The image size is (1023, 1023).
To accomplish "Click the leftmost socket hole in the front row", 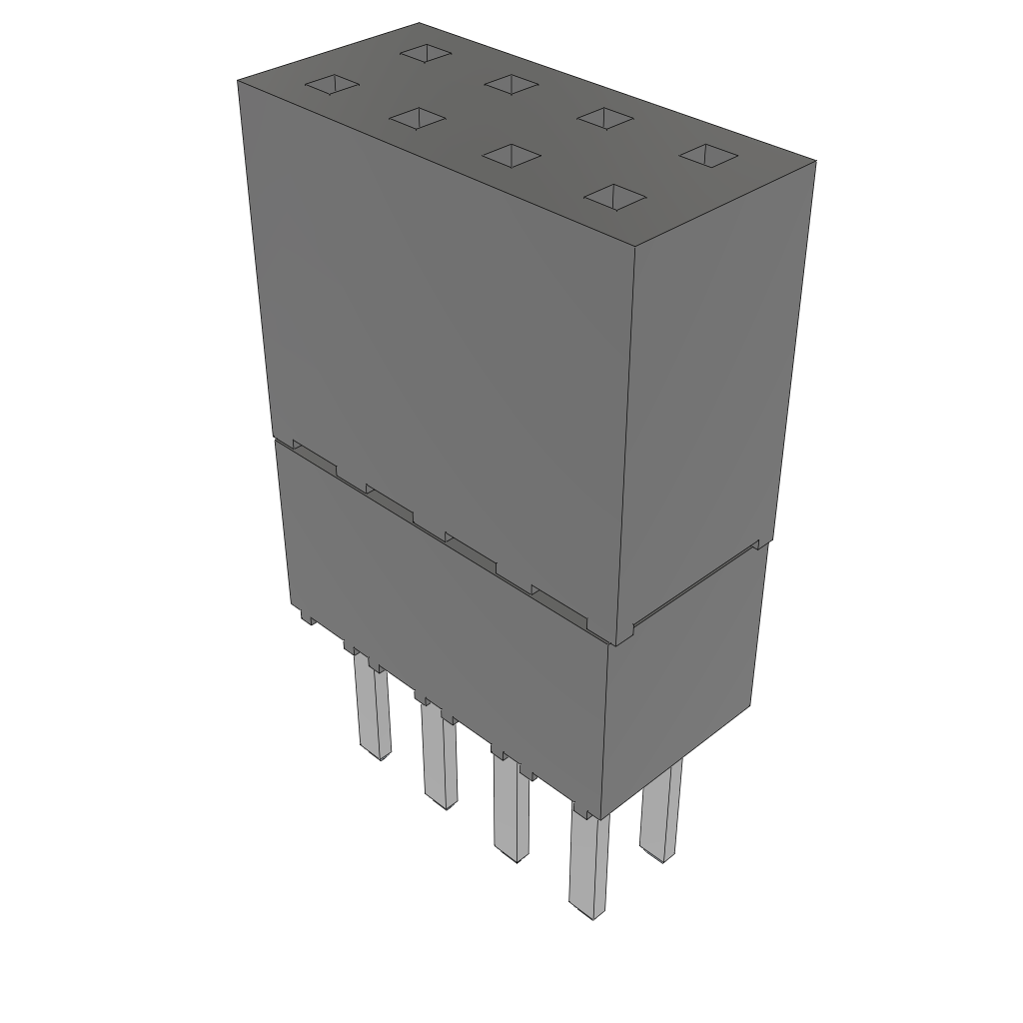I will coord(331,85).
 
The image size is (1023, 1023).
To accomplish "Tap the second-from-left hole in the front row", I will coord(417,118).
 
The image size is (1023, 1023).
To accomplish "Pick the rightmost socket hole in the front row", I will coord(612,197).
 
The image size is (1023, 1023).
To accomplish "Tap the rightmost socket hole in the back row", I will coord(708,155).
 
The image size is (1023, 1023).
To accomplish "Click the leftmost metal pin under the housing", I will coord(371,713).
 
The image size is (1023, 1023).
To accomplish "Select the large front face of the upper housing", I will coord(440,340).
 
